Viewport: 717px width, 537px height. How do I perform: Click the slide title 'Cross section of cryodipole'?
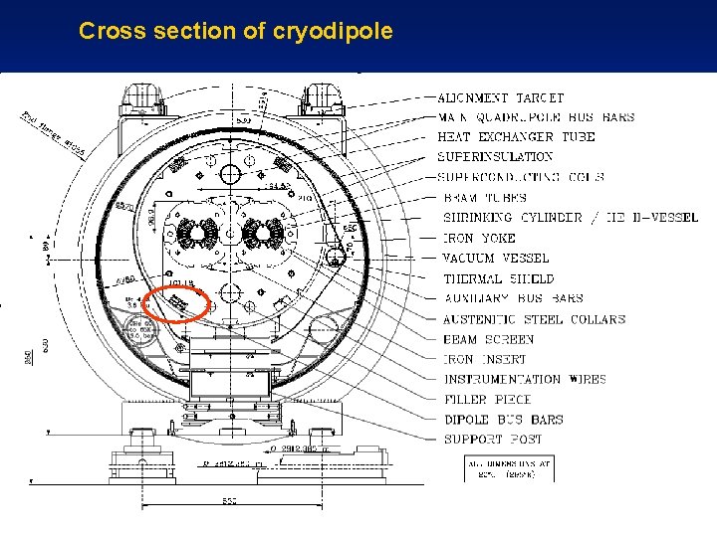[x=236, y=31]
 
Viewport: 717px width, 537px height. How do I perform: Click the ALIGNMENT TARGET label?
[x=501, y=97]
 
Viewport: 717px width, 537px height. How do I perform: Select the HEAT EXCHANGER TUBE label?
[x=516, y=136]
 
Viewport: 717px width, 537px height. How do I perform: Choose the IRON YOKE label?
[x=479, y=239]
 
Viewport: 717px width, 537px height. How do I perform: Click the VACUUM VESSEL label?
[x=496, y=259]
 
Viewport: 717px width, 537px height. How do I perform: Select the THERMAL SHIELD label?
[x=498, y=279]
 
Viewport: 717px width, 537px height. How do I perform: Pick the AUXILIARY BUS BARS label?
[x=513, y=298]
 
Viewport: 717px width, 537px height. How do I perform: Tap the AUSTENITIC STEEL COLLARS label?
[x=534, y=319]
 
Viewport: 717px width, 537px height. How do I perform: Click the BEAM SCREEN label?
[x=489, y=339]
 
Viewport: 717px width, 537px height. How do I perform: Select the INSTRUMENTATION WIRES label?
[x=525, y=379]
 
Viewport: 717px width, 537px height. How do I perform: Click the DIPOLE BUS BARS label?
[x=503, y=420]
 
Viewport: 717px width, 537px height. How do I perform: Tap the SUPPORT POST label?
[x=492, y=440]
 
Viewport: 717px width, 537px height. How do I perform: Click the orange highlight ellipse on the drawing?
[x=176, y=303]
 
